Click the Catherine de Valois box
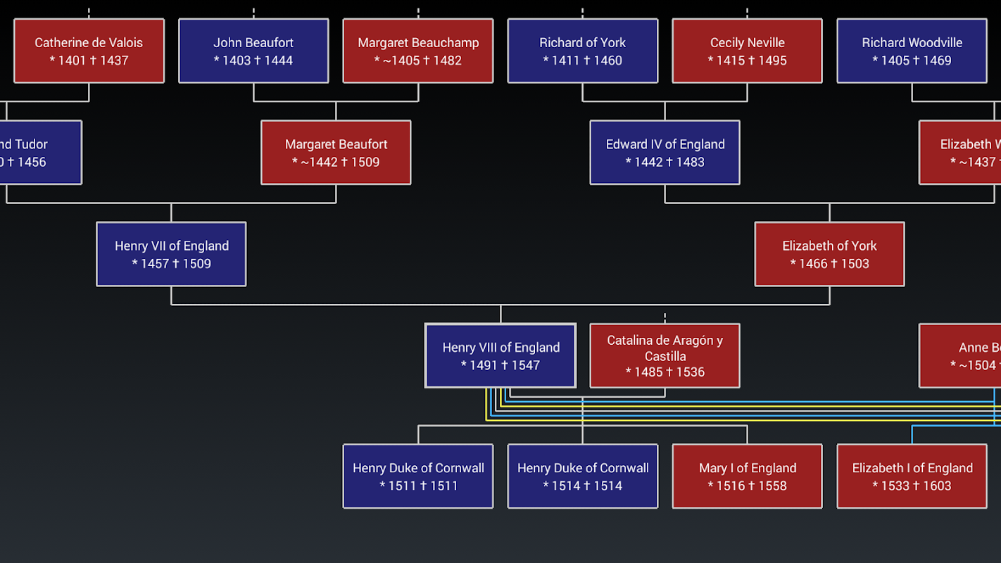tap(89, 51)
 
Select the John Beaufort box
tap(253, 51)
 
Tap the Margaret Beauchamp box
tap(418, 51)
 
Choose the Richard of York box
tap(582, 51)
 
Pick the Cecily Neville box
tap(747, 51)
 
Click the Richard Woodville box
tap(912, 51)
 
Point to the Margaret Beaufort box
tap(336, 152)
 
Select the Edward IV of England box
tap(665, 152)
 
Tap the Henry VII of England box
tap(171, 254)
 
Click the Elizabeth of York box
tap(829, 254)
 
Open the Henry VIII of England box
tap(500, 355)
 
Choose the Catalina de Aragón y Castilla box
tap(665, 355)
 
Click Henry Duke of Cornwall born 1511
tap(418, 476)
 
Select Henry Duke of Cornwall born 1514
tap(582, 476)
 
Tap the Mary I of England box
tap(747, 476)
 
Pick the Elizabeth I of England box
tap(912, 476)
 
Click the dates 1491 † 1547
tap(500, 365)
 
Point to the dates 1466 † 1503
tap(829, 264)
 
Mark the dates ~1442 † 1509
tap(336, 163)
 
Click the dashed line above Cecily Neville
tap(747, 13)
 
